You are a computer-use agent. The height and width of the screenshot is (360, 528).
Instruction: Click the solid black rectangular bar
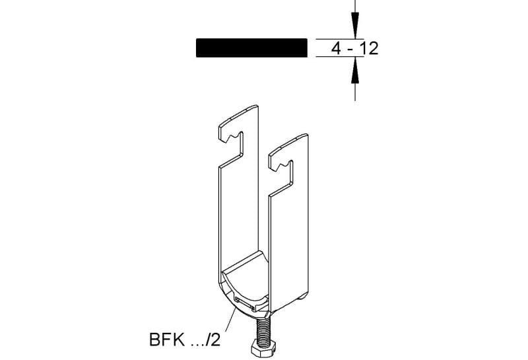251,48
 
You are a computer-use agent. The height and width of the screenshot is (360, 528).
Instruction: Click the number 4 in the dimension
336,48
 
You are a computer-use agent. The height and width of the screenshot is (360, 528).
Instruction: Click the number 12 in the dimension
370,48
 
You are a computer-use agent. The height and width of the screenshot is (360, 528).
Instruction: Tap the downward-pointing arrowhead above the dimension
355,26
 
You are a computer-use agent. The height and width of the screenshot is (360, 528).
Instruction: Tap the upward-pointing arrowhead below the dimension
355,70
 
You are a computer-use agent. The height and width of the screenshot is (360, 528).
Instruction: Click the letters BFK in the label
167,340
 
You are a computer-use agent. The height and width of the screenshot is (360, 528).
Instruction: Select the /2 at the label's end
213,340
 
